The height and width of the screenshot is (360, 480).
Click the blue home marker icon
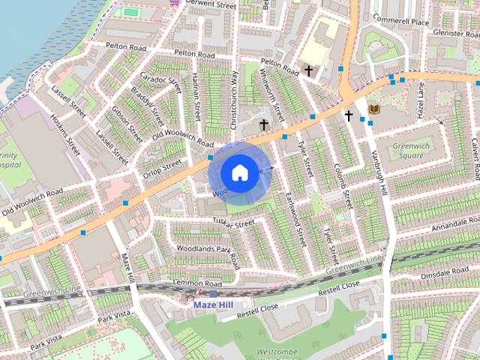point(238,172)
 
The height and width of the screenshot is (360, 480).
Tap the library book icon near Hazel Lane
point(374,110)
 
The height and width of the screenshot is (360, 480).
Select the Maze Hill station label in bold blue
point(214,305)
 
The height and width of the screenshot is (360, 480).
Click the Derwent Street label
point(211,4)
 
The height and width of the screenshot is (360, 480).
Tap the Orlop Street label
point(162,169)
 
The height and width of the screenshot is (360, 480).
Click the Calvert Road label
point(474,157)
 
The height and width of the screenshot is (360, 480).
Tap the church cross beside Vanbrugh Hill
point(348,115)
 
